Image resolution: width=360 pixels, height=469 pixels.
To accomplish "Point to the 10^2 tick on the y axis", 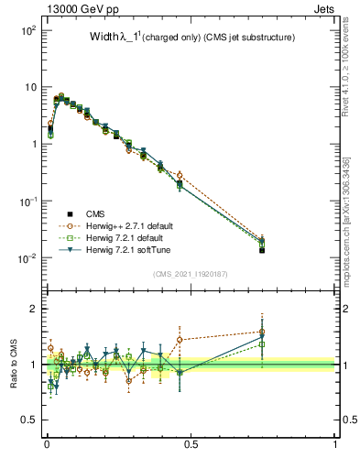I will [x=27, y=30].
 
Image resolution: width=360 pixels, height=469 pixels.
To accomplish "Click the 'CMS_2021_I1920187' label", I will [x=191, y=273].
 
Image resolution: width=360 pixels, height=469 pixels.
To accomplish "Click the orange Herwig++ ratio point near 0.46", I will [x=180, y=339].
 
